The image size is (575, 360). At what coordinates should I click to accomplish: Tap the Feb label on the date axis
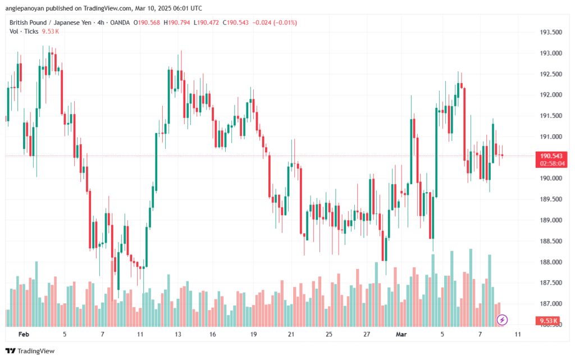23,334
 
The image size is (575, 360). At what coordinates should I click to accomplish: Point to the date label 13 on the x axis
178,334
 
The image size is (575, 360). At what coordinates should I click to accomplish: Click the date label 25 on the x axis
328,334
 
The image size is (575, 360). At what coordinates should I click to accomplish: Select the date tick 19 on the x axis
253,334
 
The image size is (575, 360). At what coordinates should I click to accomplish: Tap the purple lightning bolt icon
503,320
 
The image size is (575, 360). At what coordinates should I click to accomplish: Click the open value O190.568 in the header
147,22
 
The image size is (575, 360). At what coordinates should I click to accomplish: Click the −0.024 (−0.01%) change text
276,22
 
